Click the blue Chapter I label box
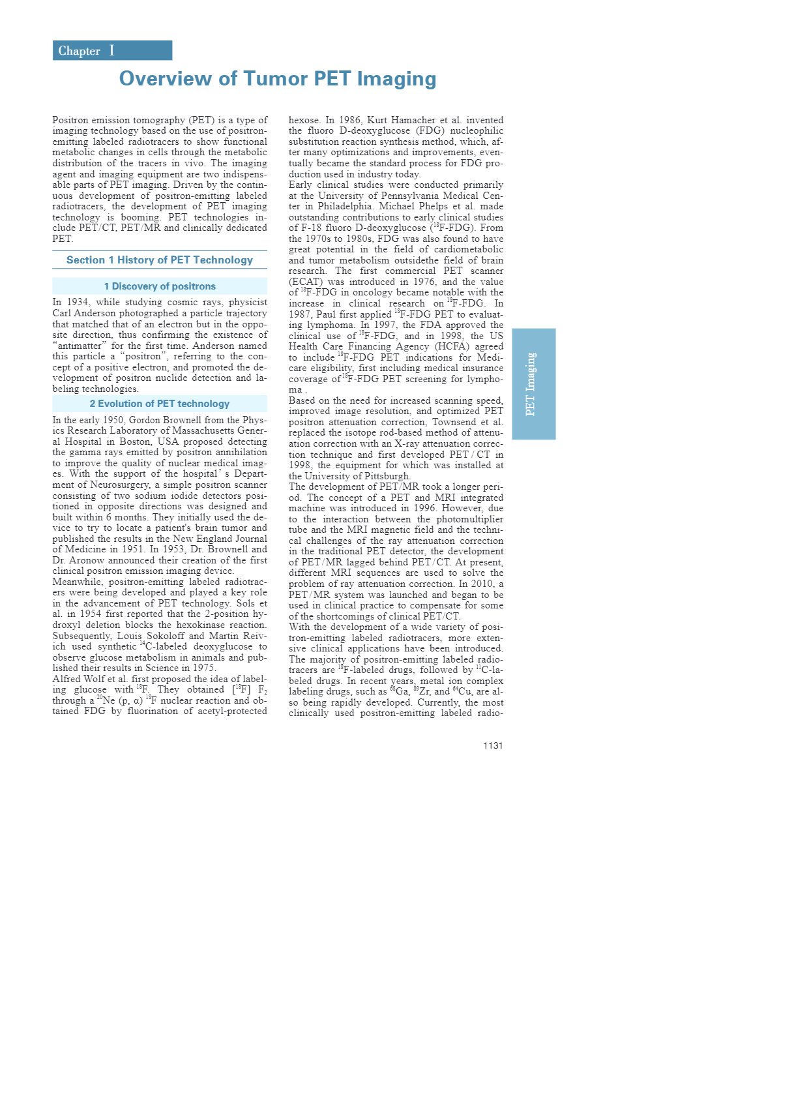point(112,51)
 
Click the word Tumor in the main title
point(275,79)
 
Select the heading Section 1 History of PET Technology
point(160,260)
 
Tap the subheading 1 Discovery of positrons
point(160,286)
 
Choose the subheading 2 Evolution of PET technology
point(160,404)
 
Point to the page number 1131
point(493,745)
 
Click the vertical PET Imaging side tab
point(533,384)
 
